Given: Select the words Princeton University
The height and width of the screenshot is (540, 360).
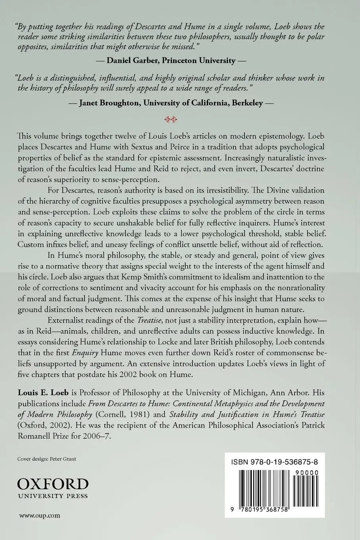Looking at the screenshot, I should pos(198,60).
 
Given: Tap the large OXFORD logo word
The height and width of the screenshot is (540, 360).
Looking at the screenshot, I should pos(53,483).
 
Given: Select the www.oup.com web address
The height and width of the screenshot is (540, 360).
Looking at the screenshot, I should pos(40,516).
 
